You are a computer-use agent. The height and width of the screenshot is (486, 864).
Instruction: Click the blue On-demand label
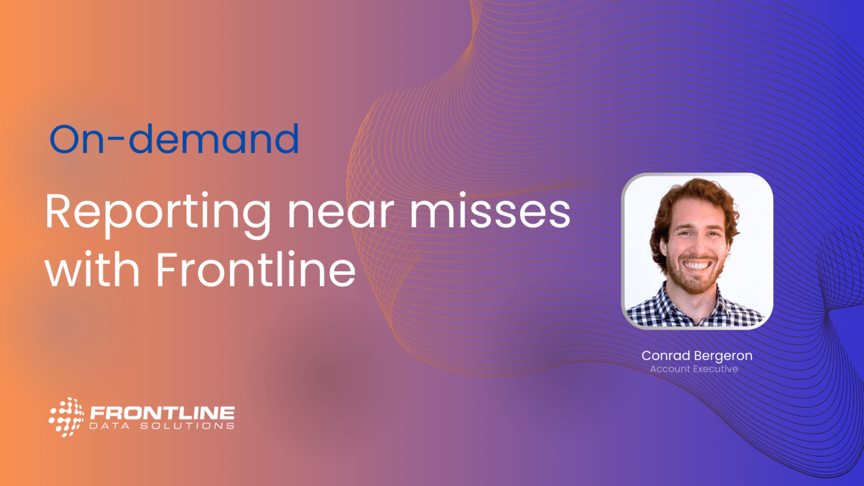coord(174,139)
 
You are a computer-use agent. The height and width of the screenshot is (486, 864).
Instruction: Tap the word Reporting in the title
coord(158,215)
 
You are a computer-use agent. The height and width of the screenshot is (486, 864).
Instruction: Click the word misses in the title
coord(490,210)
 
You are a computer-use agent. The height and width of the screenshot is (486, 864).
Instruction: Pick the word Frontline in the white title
coord(255,268)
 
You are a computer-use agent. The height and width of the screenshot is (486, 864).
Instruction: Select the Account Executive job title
coord(694,369)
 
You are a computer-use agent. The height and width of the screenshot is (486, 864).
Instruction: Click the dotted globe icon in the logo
coord(66,417)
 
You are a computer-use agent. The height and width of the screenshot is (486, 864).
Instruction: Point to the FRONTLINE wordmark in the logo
coord(162,413)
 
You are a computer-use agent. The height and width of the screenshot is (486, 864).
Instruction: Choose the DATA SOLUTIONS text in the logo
coord(161,426)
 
